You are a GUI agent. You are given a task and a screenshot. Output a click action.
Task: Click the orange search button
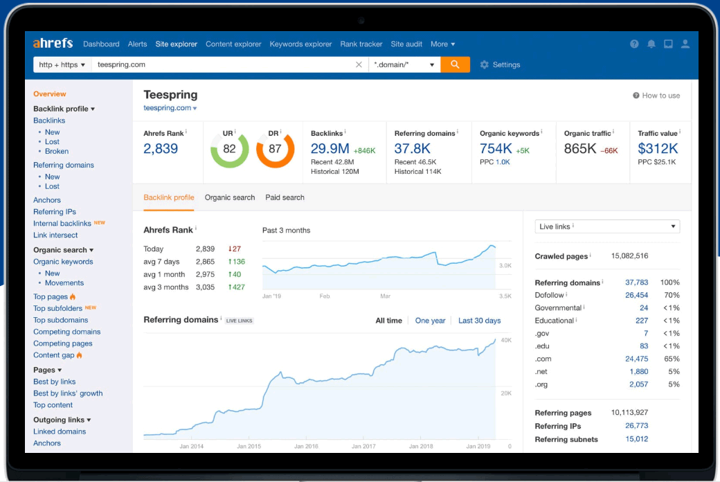(x=455, y=64)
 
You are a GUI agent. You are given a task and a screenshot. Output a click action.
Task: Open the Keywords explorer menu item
(x=300, y=44)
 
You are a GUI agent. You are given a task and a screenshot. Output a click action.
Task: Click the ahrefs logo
(x=53, y=43)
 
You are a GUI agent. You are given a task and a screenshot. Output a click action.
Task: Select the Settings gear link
(x=500, y=64)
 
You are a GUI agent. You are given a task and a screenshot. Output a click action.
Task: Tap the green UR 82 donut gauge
(x=230, y=149)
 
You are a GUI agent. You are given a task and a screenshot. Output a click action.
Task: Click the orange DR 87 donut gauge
(x=275, y=149)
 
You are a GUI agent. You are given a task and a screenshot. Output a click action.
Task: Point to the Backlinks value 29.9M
(x=330, y=148)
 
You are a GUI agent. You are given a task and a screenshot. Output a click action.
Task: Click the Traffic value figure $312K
(x=658, y=148)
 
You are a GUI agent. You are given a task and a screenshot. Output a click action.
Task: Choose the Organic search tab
(x=230, y=197)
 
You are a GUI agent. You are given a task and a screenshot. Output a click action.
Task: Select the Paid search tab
(x=285, y=197)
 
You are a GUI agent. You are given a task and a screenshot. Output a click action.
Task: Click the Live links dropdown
(x=607, y=226)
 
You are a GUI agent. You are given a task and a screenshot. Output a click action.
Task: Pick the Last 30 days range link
(x=479, y=321)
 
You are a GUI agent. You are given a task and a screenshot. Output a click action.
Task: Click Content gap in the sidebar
(x=54, y=355)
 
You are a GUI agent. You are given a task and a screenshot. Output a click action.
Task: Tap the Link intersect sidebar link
(x=55, y=235)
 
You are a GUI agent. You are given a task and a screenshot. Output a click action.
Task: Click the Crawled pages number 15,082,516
(x=629, y=256)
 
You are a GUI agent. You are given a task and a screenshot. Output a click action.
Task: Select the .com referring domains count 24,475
(x=636, y=359)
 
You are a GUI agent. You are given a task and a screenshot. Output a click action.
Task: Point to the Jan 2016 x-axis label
(x=307, y=446)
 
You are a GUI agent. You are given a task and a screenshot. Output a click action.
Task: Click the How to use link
(x=656, y=96)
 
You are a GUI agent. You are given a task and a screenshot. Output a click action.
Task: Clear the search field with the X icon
(x=359, y=64)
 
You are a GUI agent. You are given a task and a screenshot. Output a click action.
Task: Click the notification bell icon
(x=651, y=44)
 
